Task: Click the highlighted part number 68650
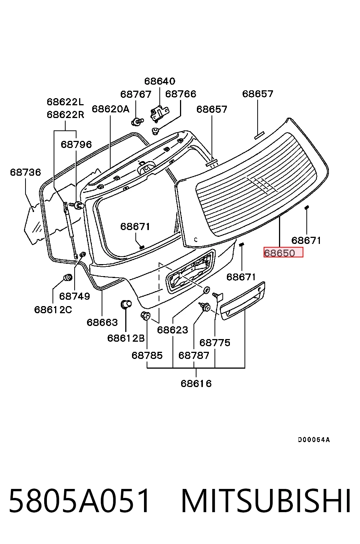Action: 283,252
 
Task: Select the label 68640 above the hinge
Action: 160,81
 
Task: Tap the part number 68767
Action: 136,94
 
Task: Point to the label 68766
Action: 181,94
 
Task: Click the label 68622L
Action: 65,102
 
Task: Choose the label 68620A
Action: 110,109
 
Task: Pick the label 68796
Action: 76,145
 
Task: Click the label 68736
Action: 25,172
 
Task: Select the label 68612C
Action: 53,309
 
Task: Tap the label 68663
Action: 102,322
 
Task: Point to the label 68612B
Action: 126,338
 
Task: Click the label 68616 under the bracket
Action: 196,384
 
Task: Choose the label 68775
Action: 214,343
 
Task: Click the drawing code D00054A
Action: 314,439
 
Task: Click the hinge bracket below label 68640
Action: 159,113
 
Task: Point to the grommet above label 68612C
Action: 68,277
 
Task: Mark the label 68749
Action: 74,296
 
